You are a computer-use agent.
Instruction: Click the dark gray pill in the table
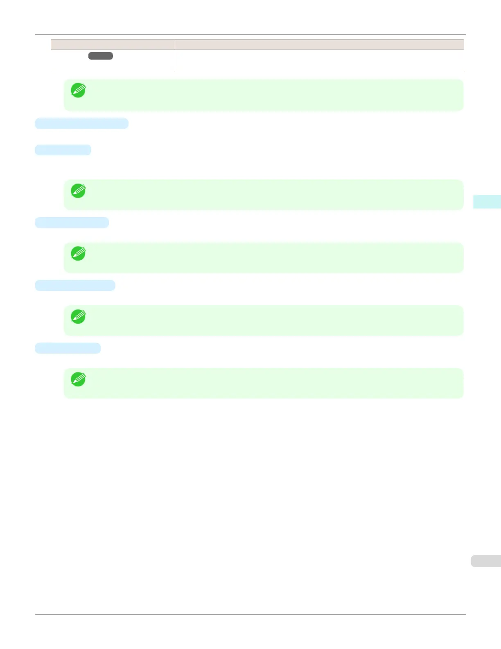click(101, 56)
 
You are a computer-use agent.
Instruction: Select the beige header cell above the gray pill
click(113, 45)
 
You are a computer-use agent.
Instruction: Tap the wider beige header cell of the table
click(319, 45)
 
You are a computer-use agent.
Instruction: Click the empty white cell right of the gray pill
click(319, 61)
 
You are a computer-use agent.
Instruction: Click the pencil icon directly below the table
click(78, 90)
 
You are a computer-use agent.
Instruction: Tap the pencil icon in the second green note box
click(78, 191)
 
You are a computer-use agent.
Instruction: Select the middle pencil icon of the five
click(78, 253)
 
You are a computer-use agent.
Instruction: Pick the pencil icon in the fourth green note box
click(78, 316)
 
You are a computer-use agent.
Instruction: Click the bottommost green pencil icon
click(78, 379)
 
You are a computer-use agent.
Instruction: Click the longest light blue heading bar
click(81, 123)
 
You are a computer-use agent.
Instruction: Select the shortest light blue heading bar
click(63, 150)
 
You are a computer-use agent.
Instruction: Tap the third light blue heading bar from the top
click(72, 222)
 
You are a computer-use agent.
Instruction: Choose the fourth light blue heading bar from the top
click(75, 286)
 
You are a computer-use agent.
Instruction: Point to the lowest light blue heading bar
click(68, 348)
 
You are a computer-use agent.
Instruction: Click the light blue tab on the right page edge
click(487, 202)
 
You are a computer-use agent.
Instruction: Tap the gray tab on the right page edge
click(486, 561)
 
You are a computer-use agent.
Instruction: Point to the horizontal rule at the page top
click(250, 35)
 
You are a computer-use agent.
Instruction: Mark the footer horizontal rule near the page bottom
click(250, 614)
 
